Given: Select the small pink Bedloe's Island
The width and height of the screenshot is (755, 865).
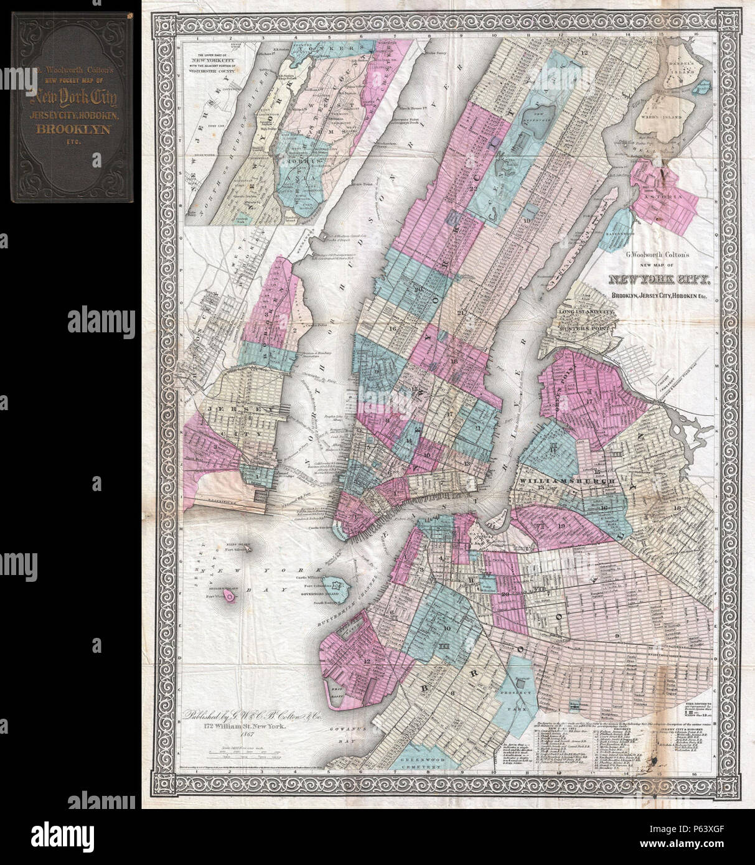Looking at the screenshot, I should [x=230, y=597].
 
